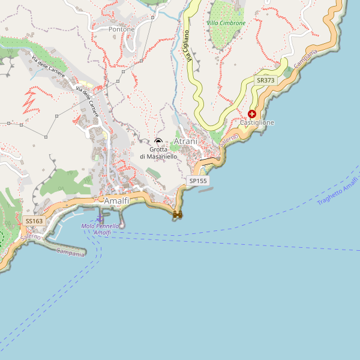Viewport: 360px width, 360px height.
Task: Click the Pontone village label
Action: [x=122, y=29]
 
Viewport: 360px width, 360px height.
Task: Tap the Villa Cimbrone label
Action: [x=226, y=23]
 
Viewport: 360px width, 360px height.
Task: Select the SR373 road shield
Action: [x=265, y=80]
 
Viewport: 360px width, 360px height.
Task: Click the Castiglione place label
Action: [x=257, y=122]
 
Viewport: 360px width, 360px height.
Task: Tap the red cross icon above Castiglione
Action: [x=252, y=113]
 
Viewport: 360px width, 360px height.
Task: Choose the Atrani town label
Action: [x=185, y=141]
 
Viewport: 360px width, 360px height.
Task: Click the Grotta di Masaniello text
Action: [x=158, y=152]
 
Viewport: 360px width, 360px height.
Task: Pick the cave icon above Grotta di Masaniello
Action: [x=158, y=141]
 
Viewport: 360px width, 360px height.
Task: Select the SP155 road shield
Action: [x=198, y=180]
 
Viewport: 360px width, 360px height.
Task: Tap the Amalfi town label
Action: [x=116, y=201]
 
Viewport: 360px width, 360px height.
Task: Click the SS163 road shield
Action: [x=34, y=221]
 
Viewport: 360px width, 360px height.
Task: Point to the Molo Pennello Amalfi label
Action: [x=100, y=229]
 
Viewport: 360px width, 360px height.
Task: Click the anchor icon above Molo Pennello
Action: [x=100, y=216]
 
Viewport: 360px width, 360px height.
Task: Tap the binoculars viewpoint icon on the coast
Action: [x=178, y=214]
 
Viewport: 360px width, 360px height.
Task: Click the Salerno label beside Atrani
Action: [x=229, y=140]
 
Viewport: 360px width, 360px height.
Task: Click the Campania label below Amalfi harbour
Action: [x=71, y=253]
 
